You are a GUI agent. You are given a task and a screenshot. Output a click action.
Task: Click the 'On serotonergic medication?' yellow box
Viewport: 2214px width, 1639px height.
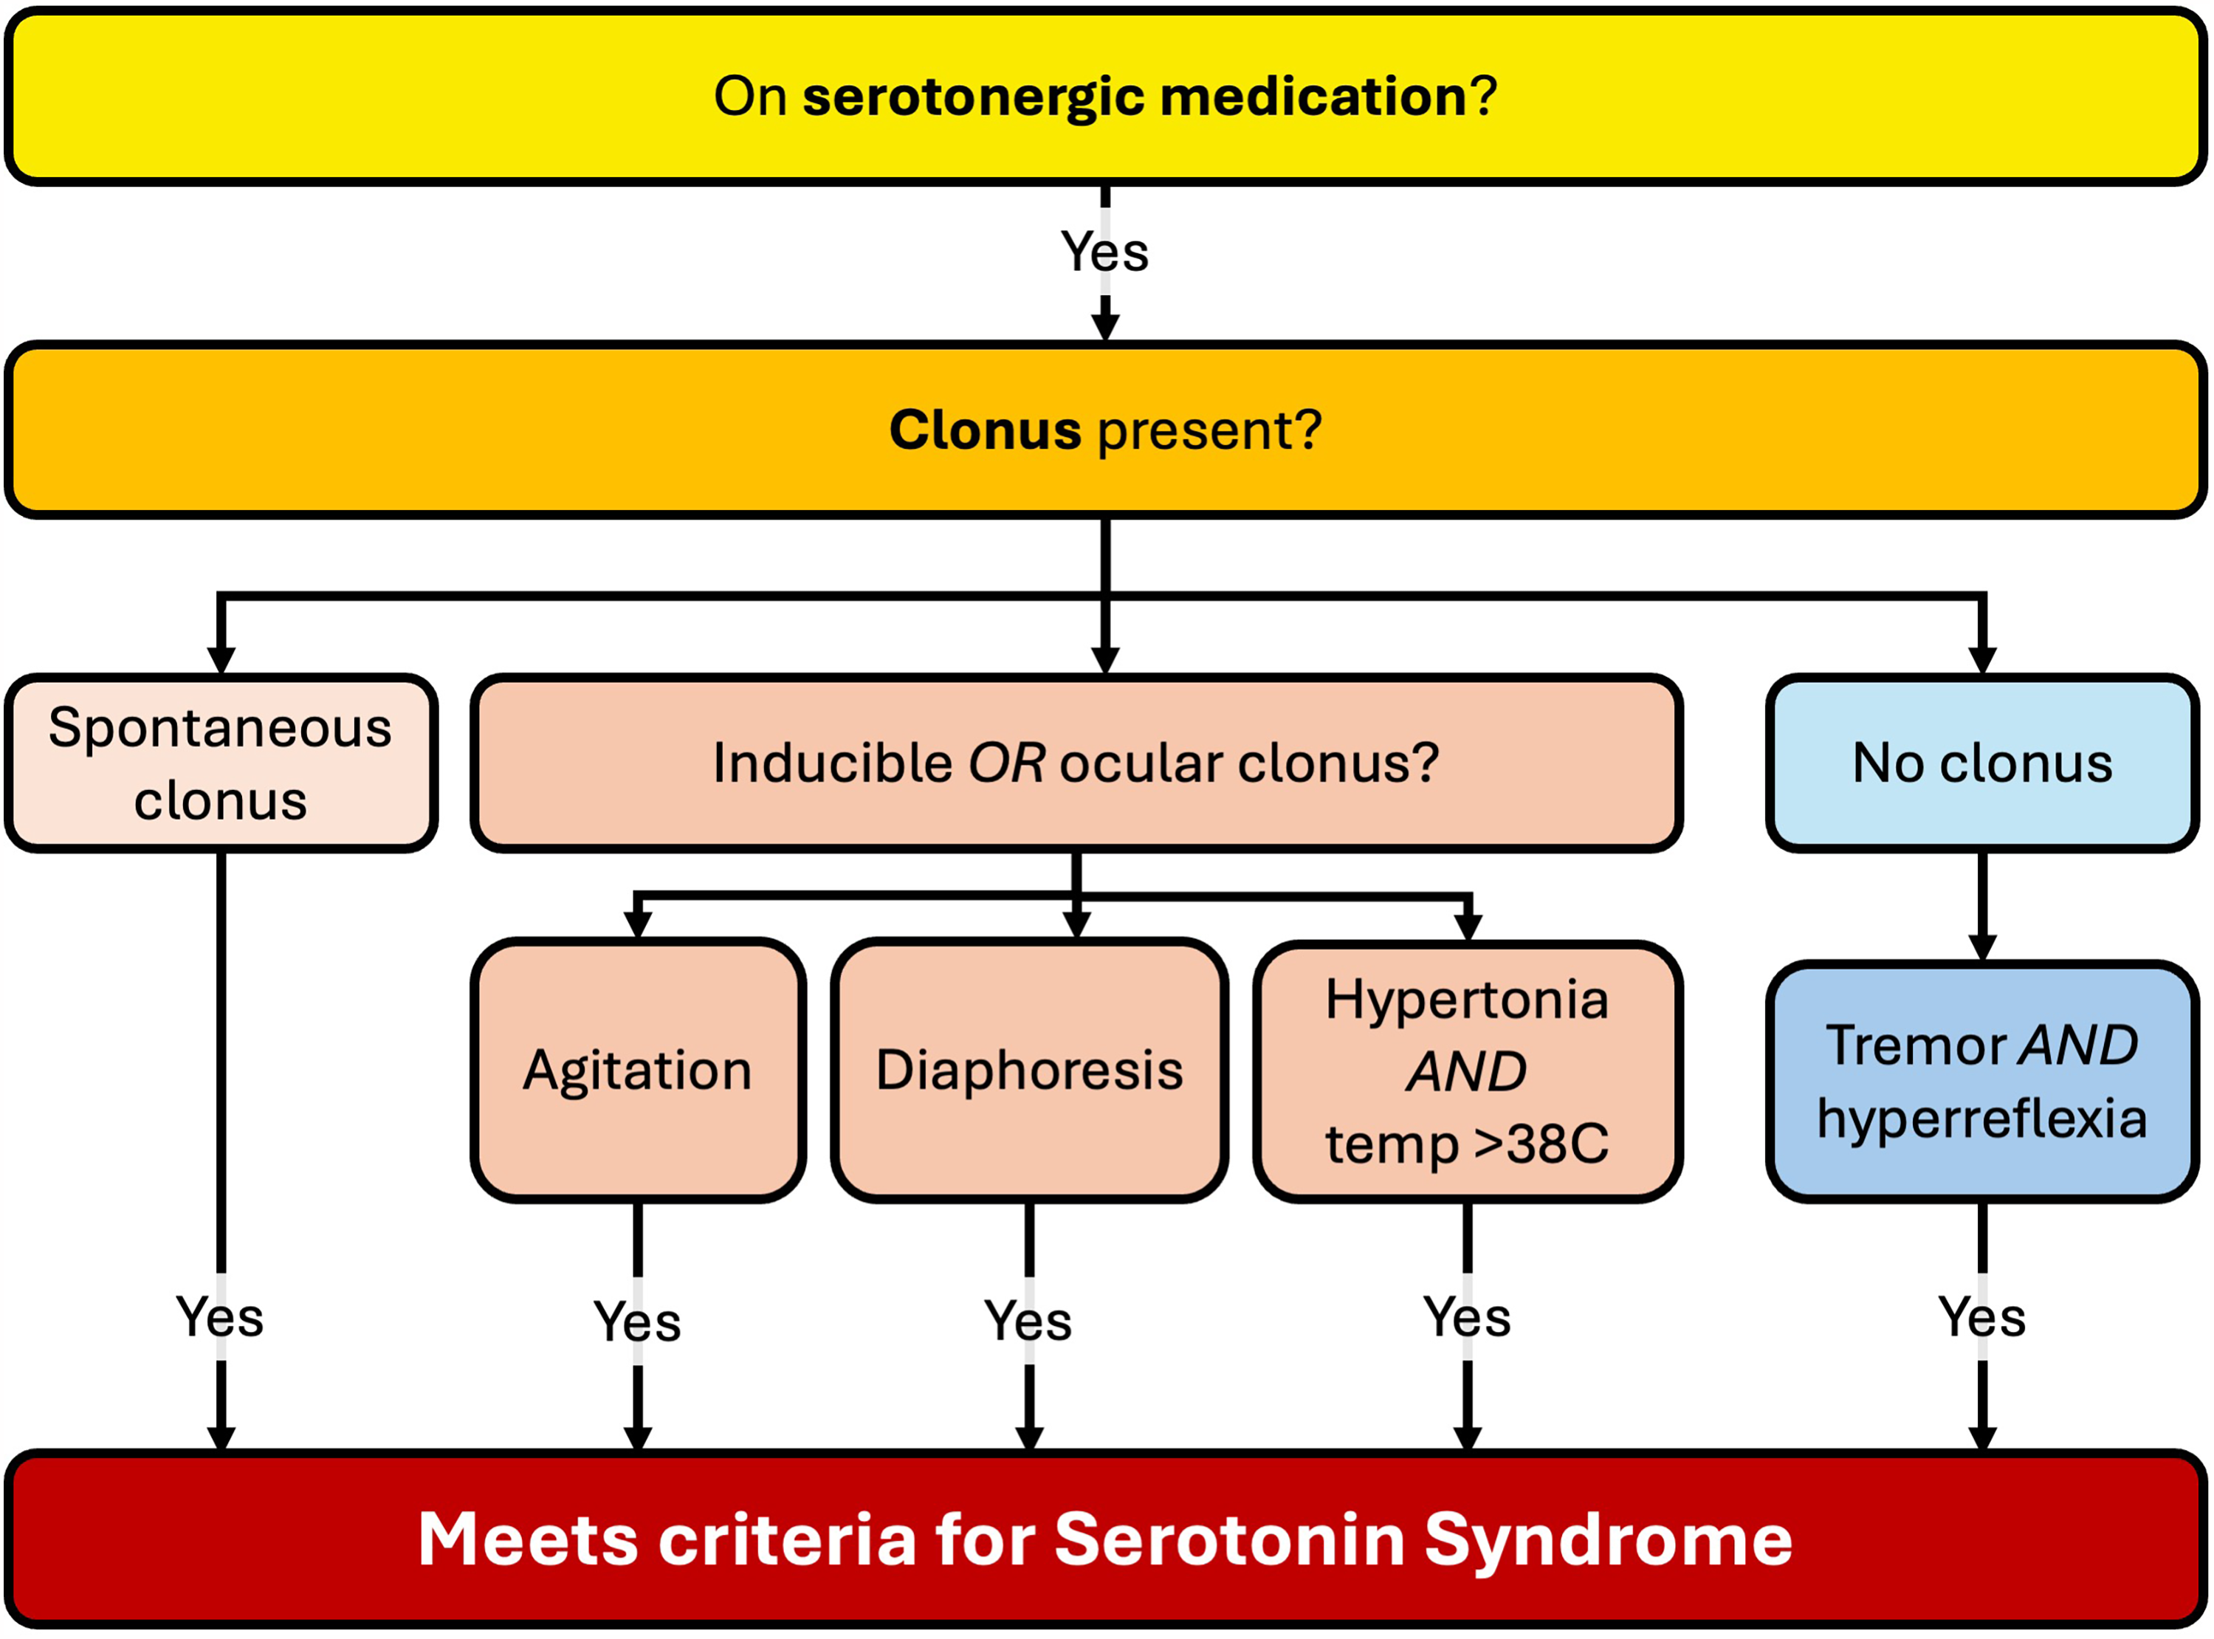1106,96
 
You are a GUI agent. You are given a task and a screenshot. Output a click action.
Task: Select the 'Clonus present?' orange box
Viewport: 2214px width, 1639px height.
1106,430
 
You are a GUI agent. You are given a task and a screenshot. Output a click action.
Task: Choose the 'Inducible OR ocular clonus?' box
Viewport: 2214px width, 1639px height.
1076,763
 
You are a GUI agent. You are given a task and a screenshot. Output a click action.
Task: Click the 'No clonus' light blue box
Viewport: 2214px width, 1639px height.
1982,763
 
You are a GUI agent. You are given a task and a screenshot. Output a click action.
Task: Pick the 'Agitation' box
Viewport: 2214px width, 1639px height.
638,1071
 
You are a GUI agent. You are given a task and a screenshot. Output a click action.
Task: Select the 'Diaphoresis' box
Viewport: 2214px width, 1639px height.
1030,1071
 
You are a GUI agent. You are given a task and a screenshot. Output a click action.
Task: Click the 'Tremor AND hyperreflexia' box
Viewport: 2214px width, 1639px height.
1982,1082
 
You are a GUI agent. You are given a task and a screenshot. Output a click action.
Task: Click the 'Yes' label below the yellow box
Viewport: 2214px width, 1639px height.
1105,252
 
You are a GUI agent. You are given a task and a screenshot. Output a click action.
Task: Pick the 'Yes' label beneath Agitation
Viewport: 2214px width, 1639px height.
638,1322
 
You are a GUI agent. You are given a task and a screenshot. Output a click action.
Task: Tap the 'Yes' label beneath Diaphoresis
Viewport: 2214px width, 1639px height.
1028,1321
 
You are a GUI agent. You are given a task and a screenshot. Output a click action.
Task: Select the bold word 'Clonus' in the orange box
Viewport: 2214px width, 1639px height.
985,430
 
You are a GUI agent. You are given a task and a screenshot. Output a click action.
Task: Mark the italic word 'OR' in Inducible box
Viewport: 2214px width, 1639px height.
1005,763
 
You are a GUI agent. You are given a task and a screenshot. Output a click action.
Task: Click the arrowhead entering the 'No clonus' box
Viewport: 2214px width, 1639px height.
1982,661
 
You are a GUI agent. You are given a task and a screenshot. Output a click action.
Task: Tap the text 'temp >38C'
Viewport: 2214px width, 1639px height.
1467,1144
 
